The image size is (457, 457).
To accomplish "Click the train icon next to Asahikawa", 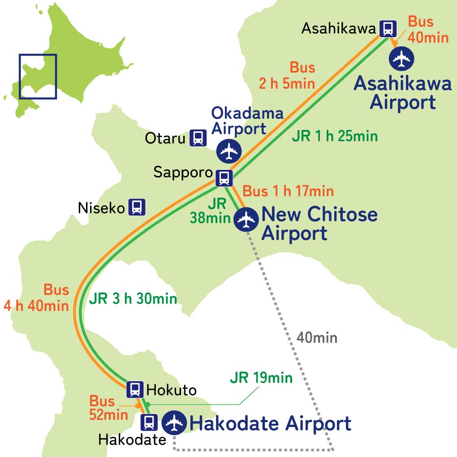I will tap(388, 29).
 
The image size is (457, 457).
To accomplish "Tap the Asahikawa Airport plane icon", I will tap(401, 58).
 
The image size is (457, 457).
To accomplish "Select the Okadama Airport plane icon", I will tap(229, 151).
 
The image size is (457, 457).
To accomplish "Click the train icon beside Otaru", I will tap(198, 138).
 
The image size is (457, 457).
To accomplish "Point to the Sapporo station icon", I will tap(224, 177).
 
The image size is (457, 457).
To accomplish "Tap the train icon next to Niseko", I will tap(137, 207).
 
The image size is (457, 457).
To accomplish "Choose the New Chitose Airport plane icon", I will tap(246, 220).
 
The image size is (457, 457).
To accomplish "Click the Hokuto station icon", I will tap(134, 389).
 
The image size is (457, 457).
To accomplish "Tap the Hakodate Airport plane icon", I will tap(174, 423).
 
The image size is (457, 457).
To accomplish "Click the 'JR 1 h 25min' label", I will tap(335, 136).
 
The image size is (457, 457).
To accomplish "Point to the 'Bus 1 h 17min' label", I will tap(288, 191).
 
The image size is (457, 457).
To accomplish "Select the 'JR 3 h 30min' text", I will tap(133, 299).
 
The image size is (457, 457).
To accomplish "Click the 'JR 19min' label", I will tap(261, 378).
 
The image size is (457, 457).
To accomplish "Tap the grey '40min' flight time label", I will tap(317, 337).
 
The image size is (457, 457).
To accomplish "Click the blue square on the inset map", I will tap(38, 77).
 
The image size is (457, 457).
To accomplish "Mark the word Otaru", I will tap(165, 138).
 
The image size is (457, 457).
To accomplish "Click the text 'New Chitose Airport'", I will tap(319, 224).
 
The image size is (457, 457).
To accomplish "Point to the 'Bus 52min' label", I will tap(109, 408).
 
